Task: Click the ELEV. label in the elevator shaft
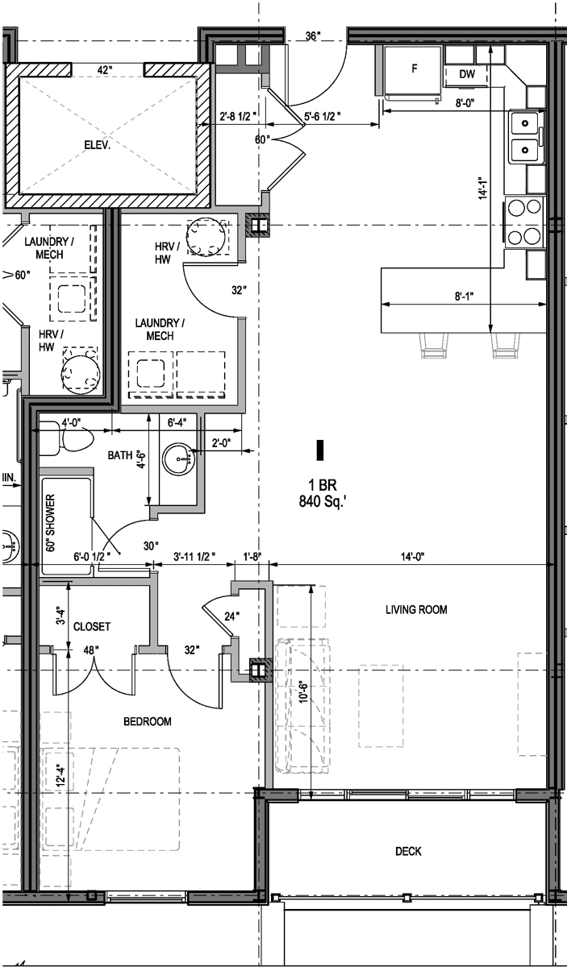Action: pyautogui.click(x=98, y=145)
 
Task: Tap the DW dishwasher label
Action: pyautogui.click(x=467, y=74)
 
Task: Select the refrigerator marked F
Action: pyautogui.click(x=413, y=73)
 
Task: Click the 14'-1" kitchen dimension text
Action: pyautogui.click(x=483, y=189)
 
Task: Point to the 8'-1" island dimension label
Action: pyautogui.click(x=464, y=297)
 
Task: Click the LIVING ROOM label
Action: pyautogui.click(x=416, y=609)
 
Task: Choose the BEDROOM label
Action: pyautogui.click(x=148, y=721)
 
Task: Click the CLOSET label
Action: pyautogui.click(x=92, y=626)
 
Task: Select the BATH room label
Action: pyautogui.click(x=120, y=455)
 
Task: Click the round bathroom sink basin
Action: pyautogui.click(x=178, y=459)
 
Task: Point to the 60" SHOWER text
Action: pyautogui.click(x=51, y=523)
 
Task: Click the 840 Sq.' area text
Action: pyautogui.click(x=323, y=501)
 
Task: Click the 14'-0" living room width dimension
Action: pyautogui.click(x=412, y=557)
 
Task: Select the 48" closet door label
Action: pyautogui.click(x=89, y=650)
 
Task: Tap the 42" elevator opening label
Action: pyautogui.click(x=104, y=70)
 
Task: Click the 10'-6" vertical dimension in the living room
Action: pyautogui.click(x=303, y=692)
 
